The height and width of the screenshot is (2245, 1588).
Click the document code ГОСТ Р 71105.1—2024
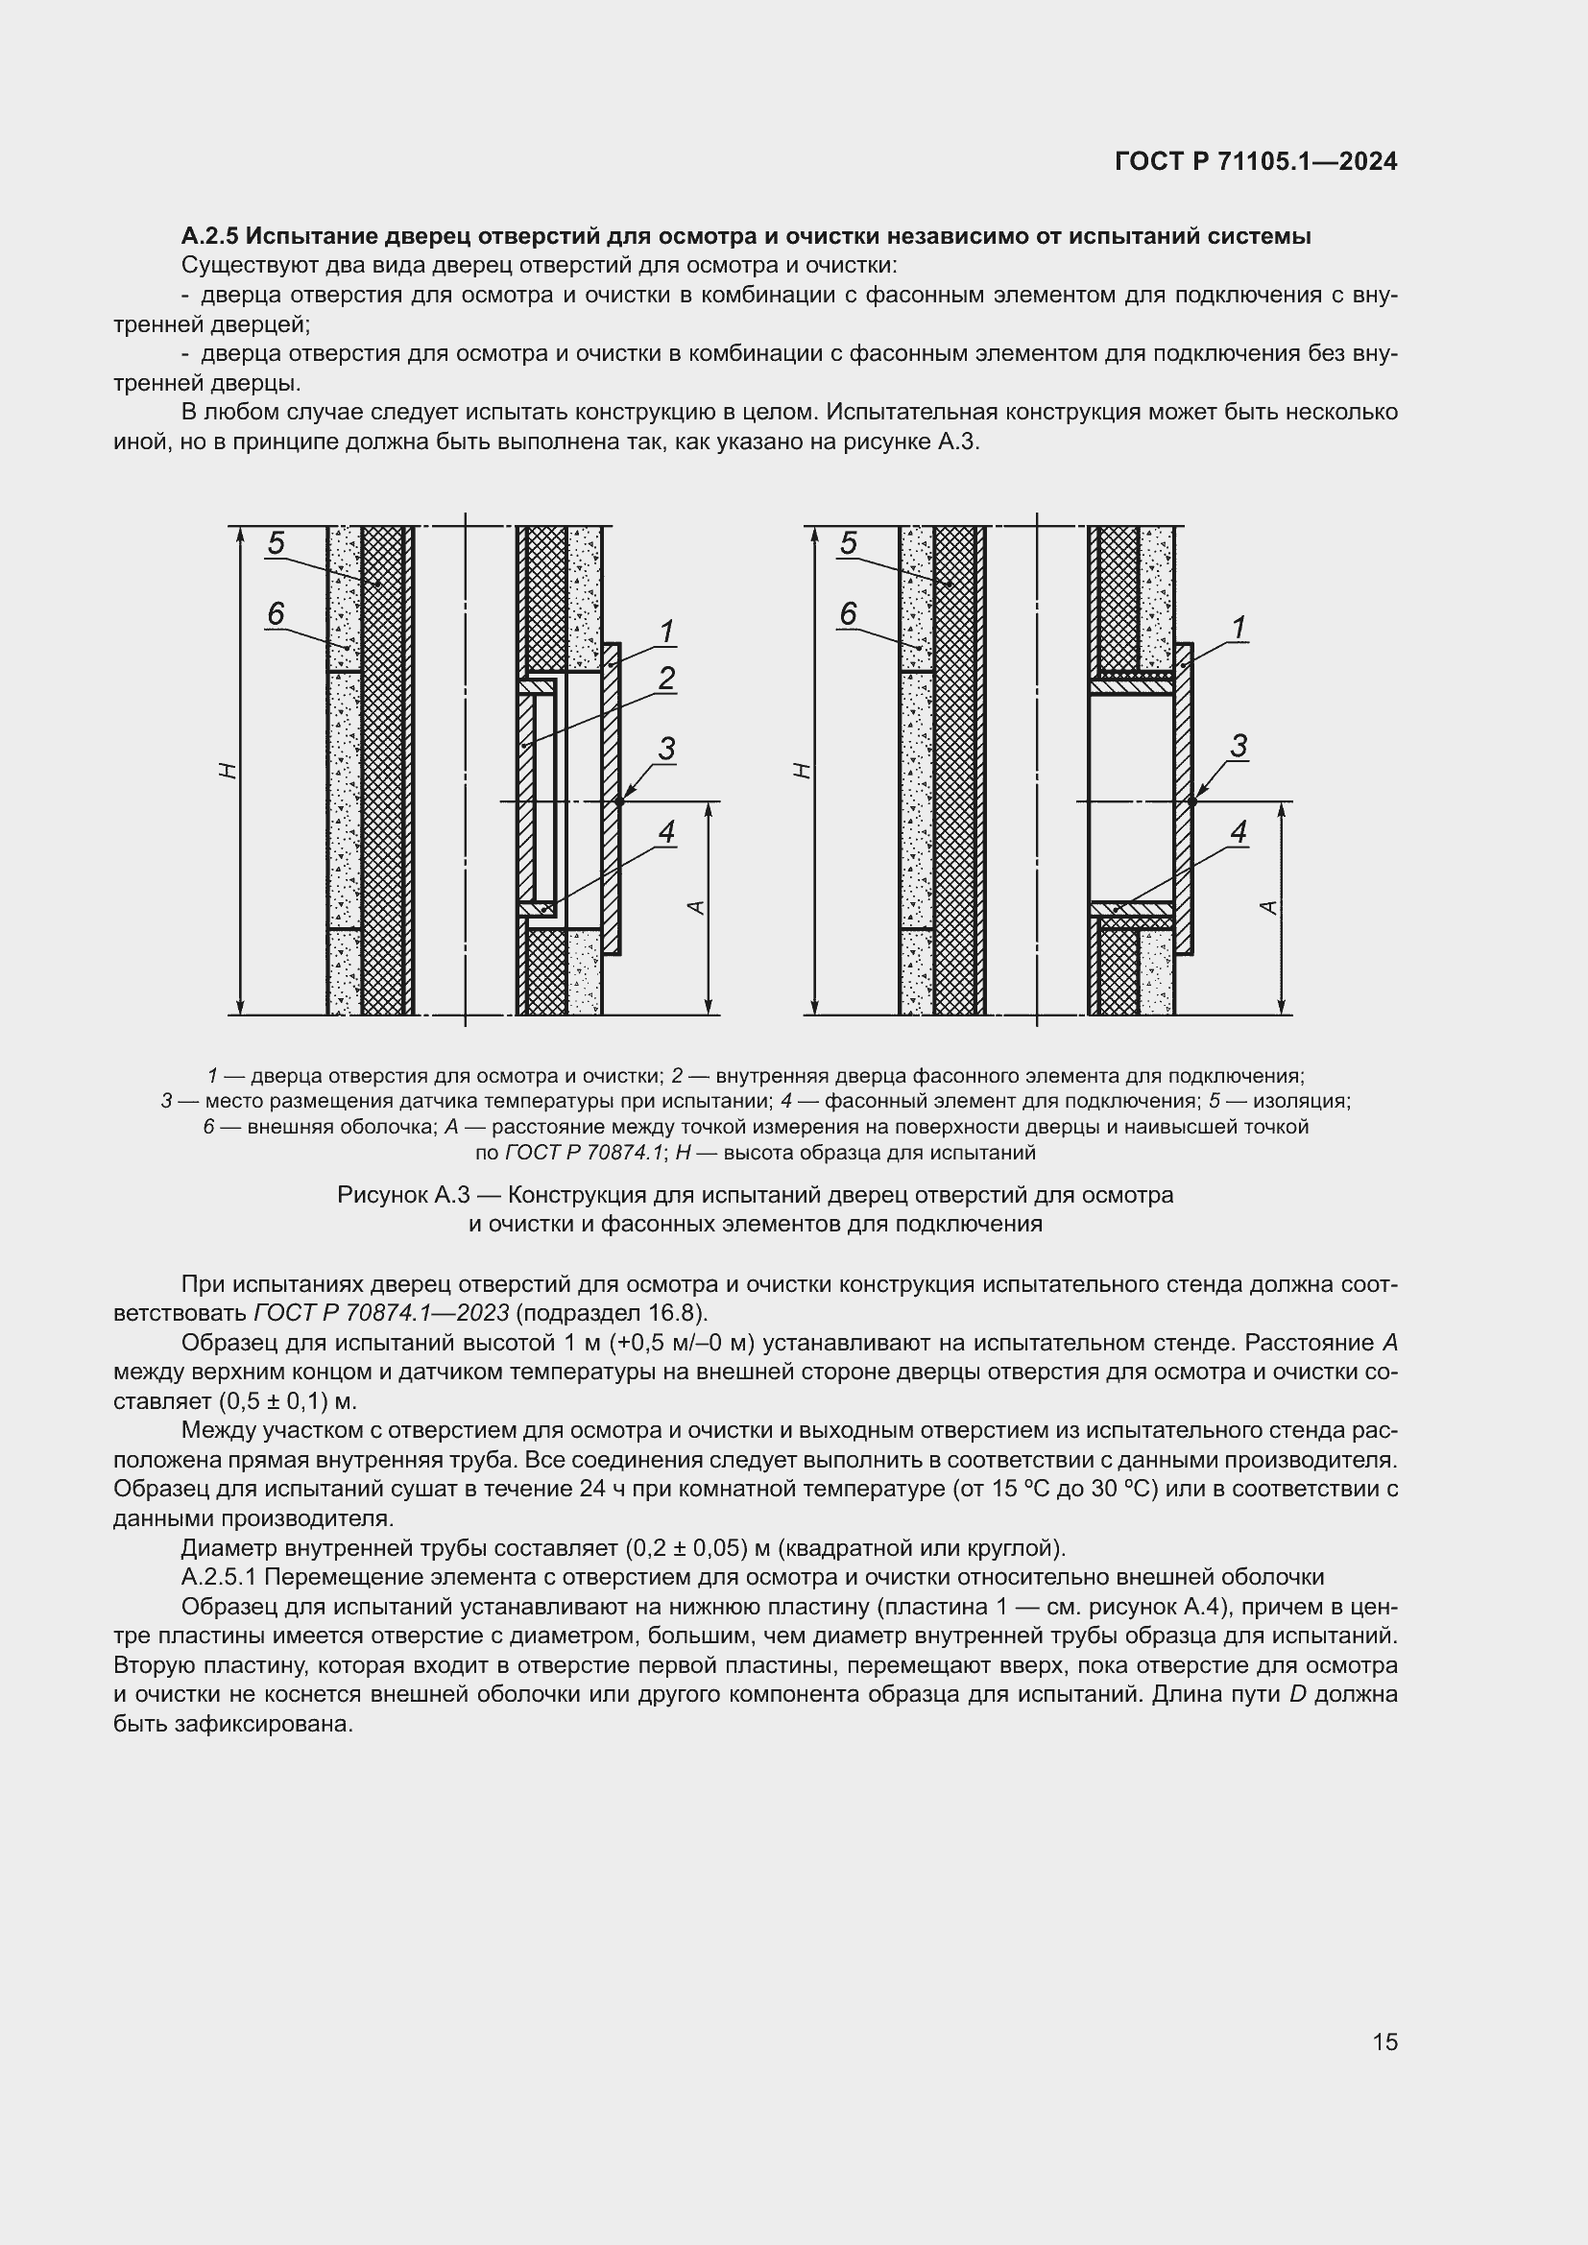click(1256, 162)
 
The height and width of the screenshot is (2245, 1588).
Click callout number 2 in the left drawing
click(667, 678)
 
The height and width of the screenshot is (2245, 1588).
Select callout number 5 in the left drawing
click(276, 542)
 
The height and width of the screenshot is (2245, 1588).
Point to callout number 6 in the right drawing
click(848, 614)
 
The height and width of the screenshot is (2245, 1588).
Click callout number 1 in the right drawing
click(1239, 628)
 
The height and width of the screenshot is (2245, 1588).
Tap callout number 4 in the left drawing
click(667, 832)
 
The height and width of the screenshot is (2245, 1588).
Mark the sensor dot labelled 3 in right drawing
click(1192, 801)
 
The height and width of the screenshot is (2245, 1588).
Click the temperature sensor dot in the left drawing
click(620, 801)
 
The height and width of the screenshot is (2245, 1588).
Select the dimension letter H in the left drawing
click(228, 772)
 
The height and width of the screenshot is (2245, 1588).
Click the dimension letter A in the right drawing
click(1269, 907)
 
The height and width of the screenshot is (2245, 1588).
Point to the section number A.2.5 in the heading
click(209, 236)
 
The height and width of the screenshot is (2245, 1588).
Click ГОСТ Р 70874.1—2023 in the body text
click(380, 1313)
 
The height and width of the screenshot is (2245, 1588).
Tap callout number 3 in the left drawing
click(667, 749)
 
